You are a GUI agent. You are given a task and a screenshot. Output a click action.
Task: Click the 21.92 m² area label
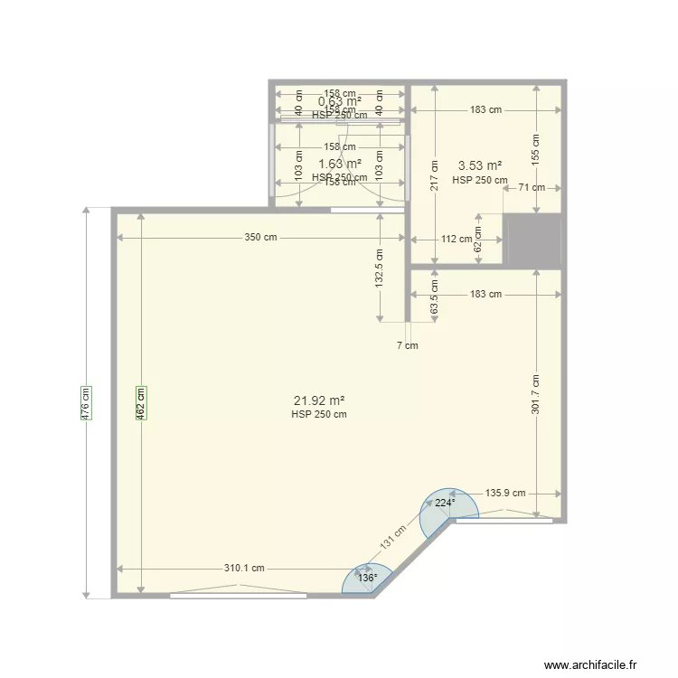[x=319, y=400]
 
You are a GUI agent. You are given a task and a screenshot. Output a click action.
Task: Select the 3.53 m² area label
[x=480, y=165]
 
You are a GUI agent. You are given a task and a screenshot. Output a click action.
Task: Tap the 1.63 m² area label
[x=340, y=164]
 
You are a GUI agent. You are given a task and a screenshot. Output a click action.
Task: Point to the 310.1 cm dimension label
[x=245, y=569]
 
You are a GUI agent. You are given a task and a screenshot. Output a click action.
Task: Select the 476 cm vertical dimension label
[x=86, y=402]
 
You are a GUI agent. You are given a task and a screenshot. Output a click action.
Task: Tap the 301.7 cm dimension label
[x=536, y=395]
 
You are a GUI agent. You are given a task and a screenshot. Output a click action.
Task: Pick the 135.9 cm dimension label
[x=505, y=494]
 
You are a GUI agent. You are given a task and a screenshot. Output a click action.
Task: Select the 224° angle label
[x=444, y=504]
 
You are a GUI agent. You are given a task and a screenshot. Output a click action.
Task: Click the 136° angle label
[x=367, y=578]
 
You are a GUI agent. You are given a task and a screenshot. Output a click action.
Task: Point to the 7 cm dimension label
[x=408, y=345]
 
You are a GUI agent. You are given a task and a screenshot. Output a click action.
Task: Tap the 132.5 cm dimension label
[x=381, y=268]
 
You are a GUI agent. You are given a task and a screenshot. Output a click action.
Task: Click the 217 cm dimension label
[x=435, y=174]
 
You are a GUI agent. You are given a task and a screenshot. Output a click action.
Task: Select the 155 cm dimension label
[x=536, y=148]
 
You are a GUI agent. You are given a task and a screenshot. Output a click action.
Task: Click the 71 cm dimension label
[x=532, y=188]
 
